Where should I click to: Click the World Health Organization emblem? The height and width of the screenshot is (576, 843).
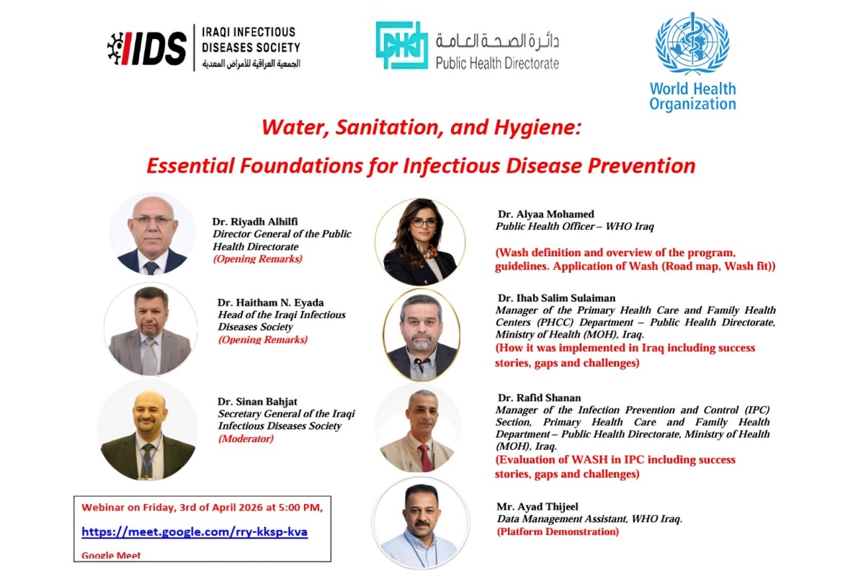point(692,43)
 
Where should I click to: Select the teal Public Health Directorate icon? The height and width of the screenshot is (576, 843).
point(401,45)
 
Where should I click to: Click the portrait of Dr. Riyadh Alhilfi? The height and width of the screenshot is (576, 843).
point(153,235)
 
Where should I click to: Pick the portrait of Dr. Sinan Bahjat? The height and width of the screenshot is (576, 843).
point(148,431)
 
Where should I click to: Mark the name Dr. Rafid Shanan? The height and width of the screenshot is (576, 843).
point(539,398)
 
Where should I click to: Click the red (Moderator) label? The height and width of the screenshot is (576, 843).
point(246,438)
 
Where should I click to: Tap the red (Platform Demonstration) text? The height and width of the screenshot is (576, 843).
point(558,532)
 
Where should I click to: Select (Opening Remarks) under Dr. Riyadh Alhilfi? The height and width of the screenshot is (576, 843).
point(257,259)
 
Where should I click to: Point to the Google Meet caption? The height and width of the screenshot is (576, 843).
point(111,555)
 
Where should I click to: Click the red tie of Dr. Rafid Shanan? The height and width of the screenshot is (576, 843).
point(426,458)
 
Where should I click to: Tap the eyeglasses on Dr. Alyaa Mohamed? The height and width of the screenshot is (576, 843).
point(424,222)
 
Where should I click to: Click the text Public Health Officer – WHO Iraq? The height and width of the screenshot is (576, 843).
point(574,226)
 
